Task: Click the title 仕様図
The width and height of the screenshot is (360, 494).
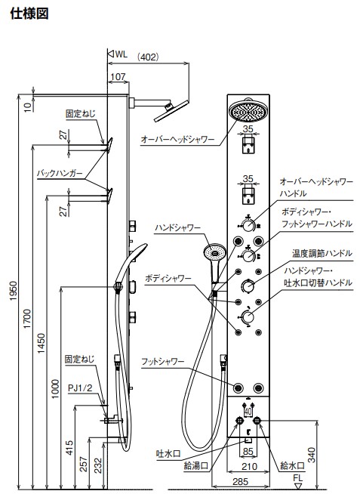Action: pos(29,14)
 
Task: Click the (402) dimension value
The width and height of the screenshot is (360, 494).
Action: pos(148,57)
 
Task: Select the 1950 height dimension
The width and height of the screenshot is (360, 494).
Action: pos(14,291)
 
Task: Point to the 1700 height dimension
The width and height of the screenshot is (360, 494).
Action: pos(28,319)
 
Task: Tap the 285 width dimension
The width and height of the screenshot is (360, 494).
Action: pos(241,481)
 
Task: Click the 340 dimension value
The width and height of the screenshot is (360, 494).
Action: pos(311,455)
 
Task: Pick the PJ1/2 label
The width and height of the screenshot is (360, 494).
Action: pos(81,388)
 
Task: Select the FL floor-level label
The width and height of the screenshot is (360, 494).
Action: pos(297,478)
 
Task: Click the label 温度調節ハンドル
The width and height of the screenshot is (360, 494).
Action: pos(322,253)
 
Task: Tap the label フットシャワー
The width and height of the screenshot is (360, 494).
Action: pos(163,361)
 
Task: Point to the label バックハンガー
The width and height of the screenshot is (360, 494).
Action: pos(60,173)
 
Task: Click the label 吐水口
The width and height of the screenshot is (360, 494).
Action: pos(168,454)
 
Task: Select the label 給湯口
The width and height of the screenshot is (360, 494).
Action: pos(196,466)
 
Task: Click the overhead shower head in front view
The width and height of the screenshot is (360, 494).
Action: pos(248,110)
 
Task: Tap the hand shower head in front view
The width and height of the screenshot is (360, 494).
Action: pos(214,251)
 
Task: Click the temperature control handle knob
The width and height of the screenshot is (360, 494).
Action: pos(248,286)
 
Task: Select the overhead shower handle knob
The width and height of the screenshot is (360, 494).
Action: pos(248,225)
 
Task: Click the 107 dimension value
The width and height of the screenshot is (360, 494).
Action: pos(118,76)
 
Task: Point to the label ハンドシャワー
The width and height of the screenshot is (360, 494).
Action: pos(177,228)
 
